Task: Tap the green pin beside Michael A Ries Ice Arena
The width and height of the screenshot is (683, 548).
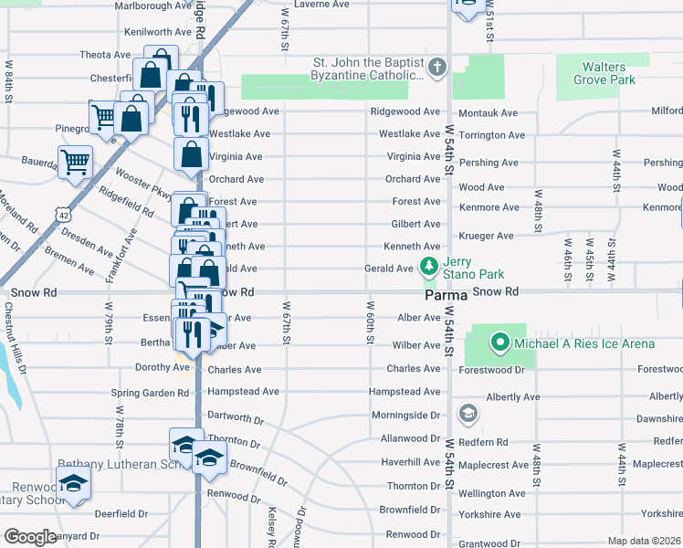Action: pos(499,343)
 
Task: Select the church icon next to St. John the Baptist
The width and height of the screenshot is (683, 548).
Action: pos(438,68)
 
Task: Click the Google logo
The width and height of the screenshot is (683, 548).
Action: pos(30,537)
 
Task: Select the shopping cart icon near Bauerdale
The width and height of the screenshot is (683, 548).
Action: pos(75,163)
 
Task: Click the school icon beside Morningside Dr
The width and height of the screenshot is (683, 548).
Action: pos(468,415)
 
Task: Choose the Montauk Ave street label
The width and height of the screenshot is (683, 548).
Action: pos(488,113)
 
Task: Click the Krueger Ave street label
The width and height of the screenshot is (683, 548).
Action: pos(489,236)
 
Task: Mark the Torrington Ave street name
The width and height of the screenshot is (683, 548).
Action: pos(491,135)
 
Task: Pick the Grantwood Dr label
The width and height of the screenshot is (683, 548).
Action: pos(489,543)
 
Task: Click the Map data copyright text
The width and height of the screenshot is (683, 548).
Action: pos(644,541)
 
